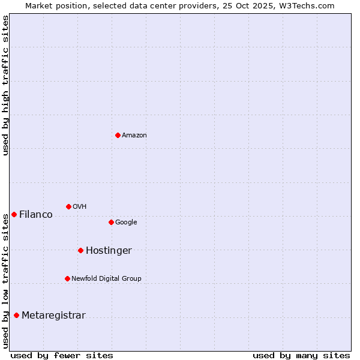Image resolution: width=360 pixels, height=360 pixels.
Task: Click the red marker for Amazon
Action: [118, 135]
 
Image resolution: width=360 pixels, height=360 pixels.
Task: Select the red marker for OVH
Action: [68, 206]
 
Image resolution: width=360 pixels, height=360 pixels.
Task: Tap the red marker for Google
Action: [111, 222]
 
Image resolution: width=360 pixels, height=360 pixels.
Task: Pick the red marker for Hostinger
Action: [80, 250]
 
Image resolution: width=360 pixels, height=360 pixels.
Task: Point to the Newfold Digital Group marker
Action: [67, 278]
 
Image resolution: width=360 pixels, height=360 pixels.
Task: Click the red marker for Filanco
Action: [14, 214]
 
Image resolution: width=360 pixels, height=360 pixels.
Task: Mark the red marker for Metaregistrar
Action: [16, 315]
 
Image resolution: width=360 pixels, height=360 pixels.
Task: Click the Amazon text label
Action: [134, 136]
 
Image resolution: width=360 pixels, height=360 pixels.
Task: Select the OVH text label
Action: [80, 207]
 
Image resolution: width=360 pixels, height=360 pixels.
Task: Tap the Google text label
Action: [126, 223]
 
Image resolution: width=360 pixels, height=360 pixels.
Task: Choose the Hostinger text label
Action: [109, 251]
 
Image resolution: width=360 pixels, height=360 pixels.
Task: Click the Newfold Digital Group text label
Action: [106, 279]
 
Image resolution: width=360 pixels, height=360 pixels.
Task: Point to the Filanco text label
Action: [36, 215]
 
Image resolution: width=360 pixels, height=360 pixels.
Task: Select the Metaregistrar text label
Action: [53, 316]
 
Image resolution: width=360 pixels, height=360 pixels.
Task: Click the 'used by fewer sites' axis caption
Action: [62, 355]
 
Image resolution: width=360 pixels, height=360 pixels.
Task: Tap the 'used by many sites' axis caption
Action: [301, 355]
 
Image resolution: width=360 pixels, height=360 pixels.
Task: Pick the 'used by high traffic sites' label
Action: [5, 85]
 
